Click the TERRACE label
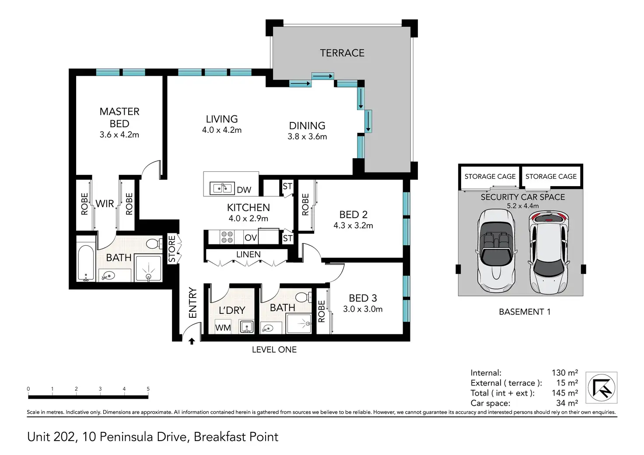pyautogui.click(x=342, y=53)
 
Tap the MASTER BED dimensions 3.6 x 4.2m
pyautogui.click(x=119, y=135)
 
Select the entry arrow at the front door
pyautogui.click(x=192, y=341)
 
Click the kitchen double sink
pyautogui.click(x=222, y=188)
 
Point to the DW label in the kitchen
pyautogui.click(x=244, y=190)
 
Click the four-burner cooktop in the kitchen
pyautogui.click(x=227, y=237)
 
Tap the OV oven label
pyautogui.click(x=250, y=238)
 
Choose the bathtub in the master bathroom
pyautogui.click(x=86, y=263)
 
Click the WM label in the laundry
pyautogui.click(x=223, y=328)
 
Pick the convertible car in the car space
pyautogui.click(x=496, y=250)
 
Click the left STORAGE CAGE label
pyautogui.click(x=490, y=177)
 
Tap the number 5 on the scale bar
pyautogui.click(x=148, y=389)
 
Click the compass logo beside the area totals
pyautogui.click(x=601, y=388)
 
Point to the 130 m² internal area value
pyautogui.click(x=565, y=372)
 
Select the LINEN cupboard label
pyautogui.click(x=248, y=254)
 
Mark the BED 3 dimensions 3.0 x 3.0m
pyautogui.click(x=363, y=309)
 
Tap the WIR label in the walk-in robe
pyautogui.click(x=105, y=204)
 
